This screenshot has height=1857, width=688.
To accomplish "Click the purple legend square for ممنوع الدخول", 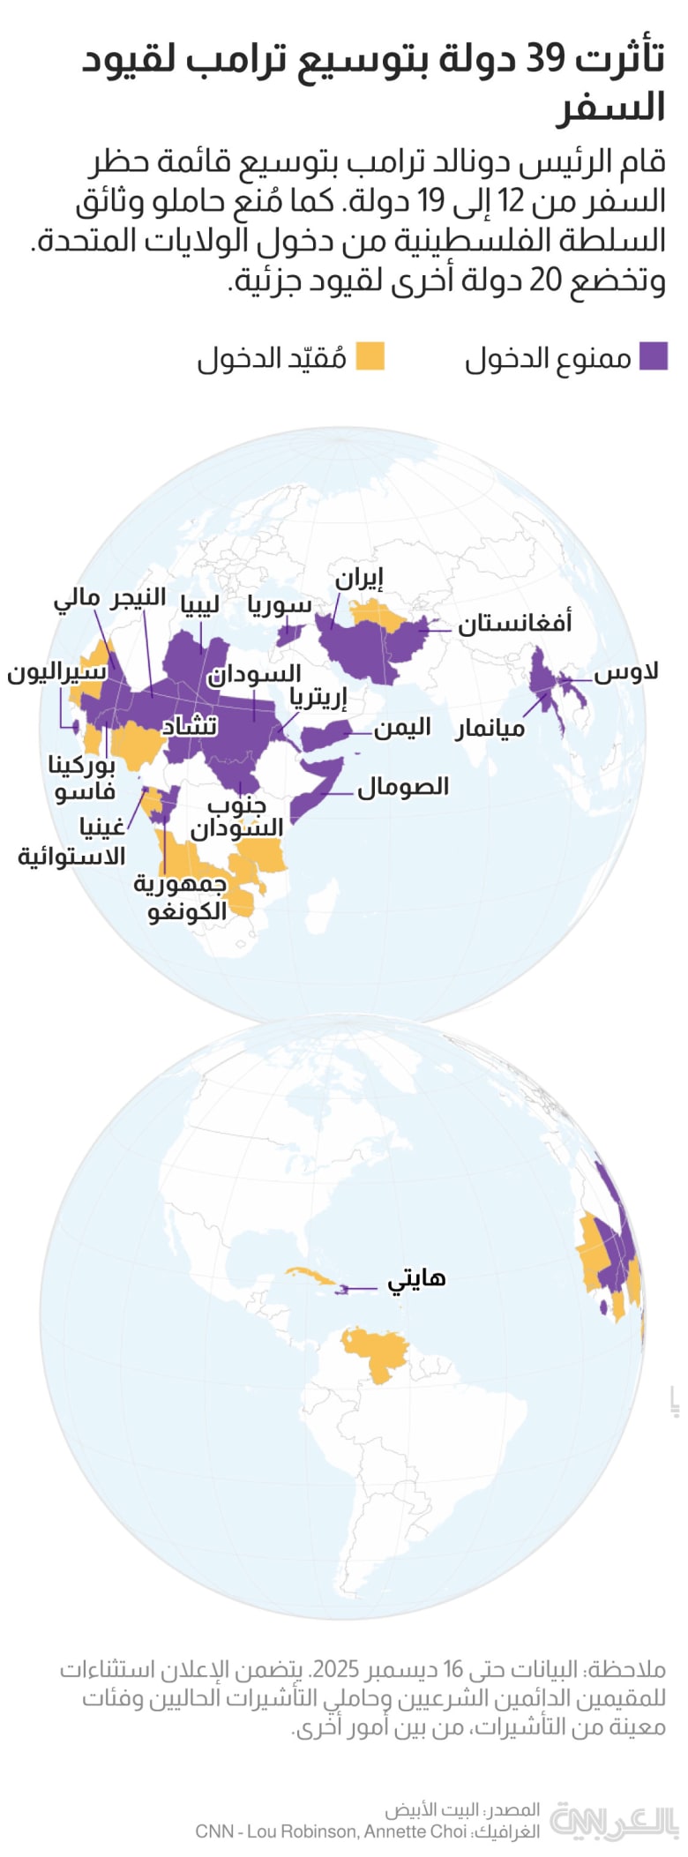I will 654,356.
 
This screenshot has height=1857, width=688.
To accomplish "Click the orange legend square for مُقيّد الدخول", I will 370,356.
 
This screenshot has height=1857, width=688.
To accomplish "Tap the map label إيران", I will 358,579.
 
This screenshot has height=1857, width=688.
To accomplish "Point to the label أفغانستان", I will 514,623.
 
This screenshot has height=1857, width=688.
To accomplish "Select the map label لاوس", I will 626,672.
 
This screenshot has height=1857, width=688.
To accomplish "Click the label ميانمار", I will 490,729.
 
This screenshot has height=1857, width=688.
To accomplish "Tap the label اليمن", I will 402,728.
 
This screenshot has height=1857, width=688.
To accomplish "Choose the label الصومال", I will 403,786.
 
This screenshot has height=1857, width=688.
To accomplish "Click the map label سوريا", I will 280,604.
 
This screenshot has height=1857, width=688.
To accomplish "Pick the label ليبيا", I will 199,603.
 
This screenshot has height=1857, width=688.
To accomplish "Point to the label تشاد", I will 189,725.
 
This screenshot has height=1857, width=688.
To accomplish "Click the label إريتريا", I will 318,698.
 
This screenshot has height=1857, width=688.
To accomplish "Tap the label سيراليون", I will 57,672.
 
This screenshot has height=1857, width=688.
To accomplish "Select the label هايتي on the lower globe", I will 417,1278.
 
